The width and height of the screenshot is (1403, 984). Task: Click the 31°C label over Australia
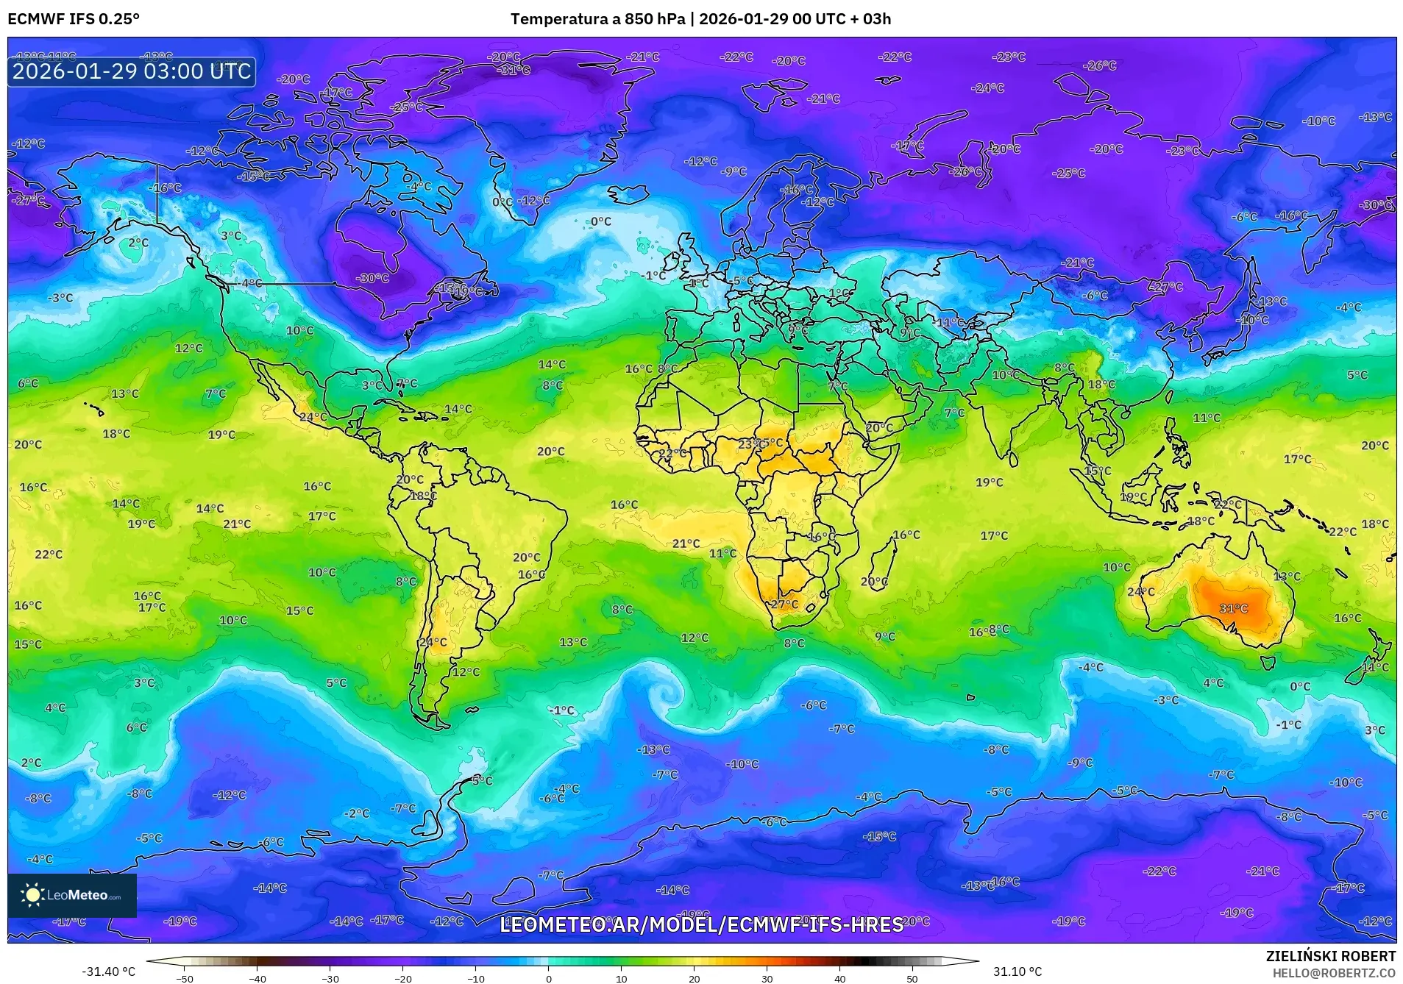coord(1233,608)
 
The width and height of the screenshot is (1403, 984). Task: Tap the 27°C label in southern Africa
coord(784,605)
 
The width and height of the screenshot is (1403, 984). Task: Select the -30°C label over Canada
coord(372,278)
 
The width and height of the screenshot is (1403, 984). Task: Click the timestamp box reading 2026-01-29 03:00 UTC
coord(132,71)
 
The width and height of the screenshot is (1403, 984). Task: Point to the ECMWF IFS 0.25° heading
coord(74,19)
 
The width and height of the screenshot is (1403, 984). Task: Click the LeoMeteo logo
coord(71,895)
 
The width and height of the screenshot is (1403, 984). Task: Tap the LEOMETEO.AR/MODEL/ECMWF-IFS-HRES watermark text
coord(701,924)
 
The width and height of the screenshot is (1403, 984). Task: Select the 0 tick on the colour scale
coord(548,978)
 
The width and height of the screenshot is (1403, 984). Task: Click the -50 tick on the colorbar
coord(185,978)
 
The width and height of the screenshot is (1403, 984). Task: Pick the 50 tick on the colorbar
coord(912,978)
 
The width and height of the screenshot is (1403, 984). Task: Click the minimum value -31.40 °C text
coord(108,971)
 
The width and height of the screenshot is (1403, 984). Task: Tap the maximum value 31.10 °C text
coord(1017,971)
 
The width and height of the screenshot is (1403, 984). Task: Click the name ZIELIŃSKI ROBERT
coord(1330,956)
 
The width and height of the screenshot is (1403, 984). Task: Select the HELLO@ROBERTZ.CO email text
coord(1334,973)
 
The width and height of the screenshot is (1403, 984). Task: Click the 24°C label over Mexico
coord(313,417)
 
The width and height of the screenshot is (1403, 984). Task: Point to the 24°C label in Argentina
coord(433,642)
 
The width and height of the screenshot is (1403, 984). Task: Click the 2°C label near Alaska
coord(138,243)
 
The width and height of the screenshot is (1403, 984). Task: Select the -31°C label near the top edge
coord(514,70)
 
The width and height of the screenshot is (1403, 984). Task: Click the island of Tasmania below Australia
coord(1268,663)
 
